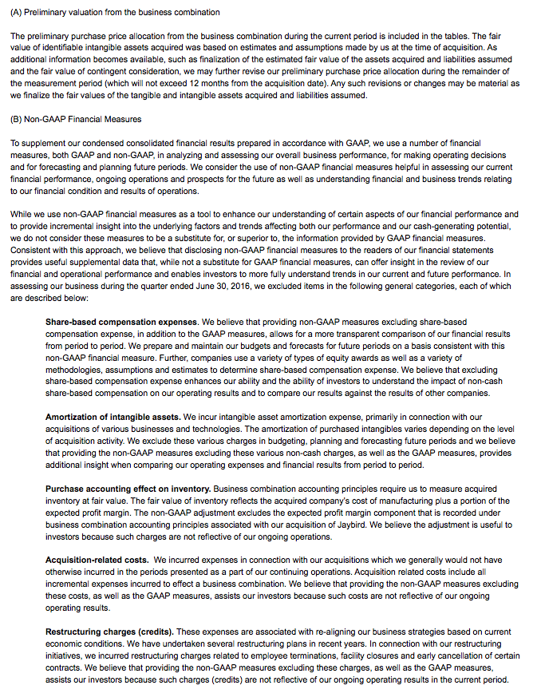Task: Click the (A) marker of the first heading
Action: [x=17, y=14]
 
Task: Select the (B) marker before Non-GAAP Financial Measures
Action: [x=17, y=119]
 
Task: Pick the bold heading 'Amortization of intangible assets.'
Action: [x=113, y=417]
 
